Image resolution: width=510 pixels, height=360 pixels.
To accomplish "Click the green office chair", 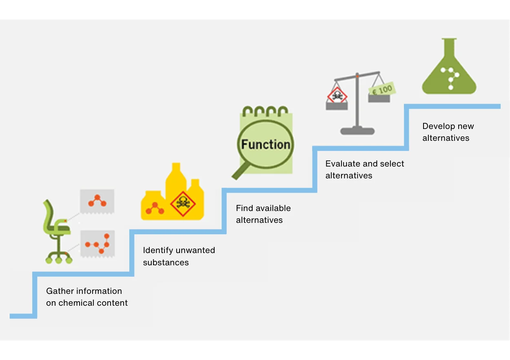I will [57, 231].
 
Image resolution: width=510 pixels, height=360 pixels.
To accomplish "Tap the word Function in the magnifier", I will [266, 144].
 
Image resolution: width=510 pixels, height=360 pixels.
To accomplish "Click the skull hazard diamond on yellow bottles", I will [183, 203].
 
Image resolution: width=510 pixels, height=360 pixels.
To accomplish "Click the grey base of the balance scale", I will [357, 131].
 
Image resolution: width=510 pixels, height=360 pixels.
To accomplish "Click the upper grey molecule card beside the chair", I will [97, 201].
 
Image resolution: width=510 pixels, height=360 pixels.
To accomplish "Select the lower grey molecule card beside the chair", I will [98, 243].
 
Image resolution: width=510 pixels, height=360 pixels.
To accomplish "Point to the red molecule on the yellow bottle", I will [155, 209].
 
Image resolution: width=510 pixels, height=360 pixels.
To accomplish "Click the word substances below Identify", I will [166, 262].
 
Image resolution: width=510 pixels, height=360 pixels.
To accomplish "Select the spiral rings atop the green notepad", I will [265, 111].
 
